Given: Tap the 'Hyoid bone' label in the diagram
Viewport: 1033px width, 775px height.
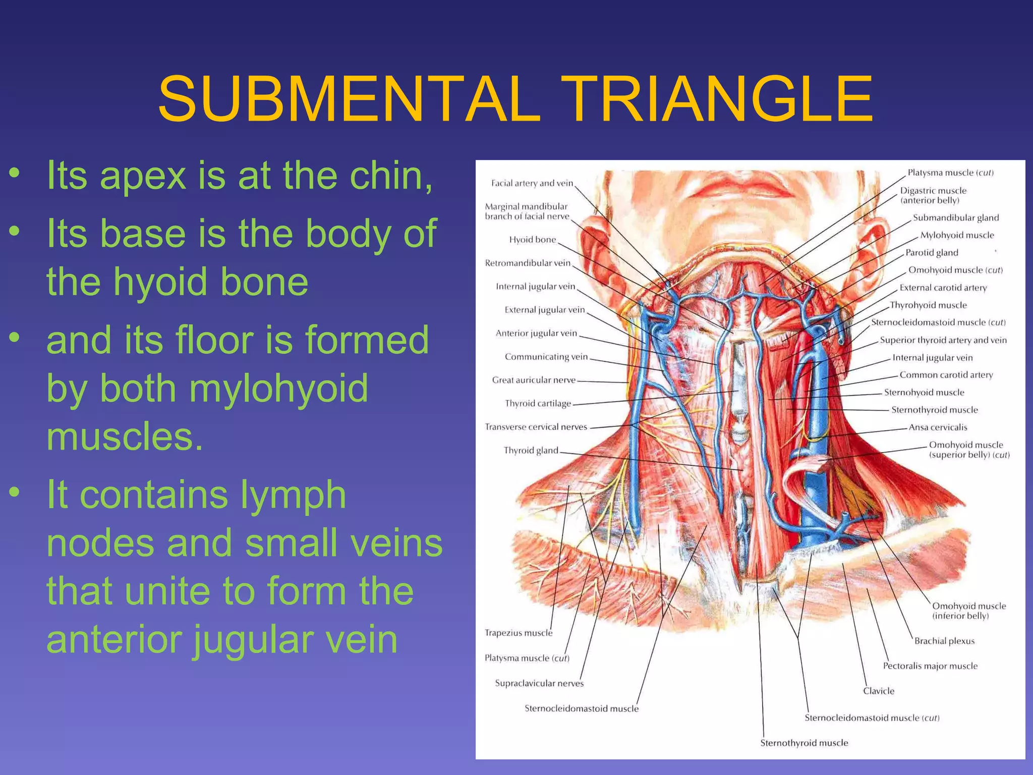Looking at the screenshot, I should [532, 240].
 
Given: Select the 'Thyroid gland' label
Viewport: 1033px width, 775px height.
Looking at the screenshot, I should [531, 451].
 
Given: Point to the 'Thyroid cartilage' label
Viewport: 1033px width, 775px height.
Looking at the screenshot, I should [538, 404].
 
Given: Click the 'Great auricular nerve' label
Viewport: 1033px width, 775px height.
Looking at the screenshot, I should [534, 380].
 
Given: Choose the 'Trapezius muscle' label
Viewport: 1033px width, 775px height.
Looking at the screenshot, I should [519, 633].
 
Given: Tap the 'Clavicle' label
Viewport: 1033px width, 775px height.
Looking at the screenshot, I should [878, 691].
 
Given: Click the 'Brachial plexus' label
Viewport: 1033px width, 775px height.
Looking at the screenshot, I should [944, 641].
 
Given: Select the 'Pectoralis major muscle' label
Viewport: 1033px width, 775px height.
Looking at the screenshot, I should [930, 666].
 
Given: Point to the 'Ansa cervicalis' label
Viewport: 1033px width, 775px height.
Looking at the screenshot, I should [938, 427].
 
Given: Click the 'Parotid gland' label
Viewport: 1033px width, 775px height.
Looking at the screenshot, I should [932, 253].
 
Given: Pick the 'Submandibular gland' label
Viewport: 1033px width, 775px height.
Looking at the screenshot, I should [955, 218].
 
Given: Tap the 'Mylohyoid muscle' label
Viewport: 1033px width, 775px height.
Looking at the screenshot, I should [957, 235].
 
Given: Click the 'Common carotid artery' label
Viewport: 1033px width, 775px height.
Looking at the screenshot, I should [946, 375].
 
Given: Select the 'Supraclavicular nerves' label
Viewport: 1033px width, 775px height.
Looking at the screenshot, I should [539, 683].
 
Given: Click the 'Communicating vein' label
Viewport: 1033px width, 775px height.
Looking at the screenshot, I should [546, 357].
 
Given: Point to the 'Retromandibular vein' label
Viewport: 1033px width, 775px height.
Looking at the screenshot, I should [528, 263].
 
